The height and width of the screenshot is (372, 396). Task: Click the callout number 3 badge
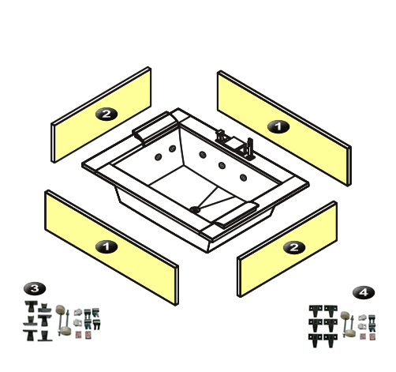35,288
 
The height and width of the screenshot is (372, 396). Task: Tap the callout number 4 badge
364,292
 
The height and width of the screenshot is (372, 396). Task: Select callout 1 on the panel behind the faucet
278,127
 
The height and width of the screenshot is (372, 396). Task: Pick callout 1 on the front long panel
106,246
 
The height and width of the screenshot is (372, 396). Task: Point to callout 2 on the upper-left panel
106,114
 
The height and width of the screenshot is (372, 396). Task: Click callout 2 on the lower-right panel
294,247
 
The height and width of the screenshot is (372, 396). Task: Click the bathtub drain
195,209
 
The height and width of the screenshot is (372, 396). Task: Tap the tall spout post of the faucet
250,148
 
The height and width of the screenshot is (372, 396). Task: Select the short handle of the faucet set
221,136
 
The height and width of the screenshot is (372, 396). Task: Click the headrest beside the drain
236,214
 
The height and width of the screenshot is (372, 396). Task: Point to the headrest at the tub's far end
155,127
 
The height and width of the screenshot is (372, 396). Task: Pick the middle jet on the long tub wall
222,165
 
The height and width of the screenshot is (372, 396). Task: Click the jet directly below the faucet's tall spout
244,178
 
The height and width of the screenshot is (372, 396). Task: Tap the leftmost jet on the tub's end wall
158,157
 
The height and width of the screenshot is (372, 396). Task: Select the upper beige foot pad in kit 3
61,310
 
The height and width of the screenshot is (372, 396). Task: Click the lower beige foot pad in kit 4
350,333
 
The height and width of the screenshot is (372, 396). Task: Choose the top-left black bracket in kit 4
316,311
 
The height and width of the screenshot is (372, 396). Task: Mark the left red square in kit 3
78,335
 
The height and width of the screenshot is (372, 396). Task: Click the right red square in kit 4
372,336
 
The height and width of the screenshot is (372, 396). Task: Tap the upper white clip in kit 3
78,313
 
